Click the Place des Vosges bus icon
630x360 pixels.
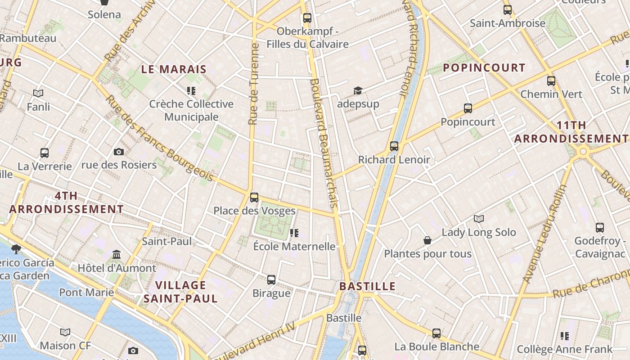254,197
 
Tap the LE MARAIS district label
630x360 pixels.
174,69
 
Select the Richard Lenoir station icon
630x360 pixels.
394,146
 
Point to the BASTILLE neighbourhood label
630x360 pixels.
367,286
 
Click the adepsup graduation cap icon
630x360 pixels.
358,91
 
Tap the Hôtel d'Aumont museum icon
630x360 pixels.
117,255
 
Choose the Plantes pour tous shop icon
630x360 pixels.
427,240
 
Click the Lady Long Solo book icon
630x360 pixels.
479,219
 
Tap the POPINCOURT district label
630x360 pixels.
484,68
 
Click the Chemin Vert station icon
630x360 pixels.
551,81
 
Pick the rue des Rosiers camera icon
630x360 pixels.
119,152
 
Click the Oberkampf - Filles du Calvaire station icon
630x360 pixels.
307,18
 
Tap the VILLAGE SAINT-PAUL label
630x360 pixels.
180,292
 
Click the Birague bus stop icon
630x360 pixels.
271,279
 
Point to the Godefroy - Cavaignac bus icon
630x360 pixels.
600,228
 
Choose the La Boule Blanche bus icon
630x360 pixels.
436,333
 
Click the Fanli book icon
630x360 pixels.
38,93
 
